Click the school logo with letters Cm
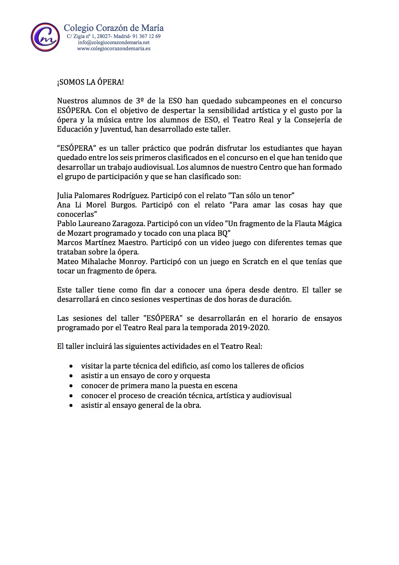pyautogui.click(x=45, y=37)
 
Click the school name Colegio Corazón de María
pyautogui.click(x=114, y=28)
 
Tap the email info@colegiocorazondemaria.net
pyautogui.click(x=114, y=43)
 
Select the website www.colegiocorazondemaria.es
pyautogui.click(x=114, y=49)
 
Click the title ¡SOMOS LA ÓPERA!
pyautogui.click(x=90, y=82)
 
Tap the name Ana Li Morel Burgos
pyautogui.click(x=96, y=205)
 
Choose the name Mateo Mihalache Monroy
pyautogui.click(x=102, y=262)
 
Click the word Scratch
pyautogui.click(x=252, y=262)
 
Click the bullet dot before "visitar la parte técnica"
pyautogui.click(x=71, y=366)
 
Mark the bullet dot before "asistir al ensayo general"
pyautogui.click(x=71, y=406)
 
